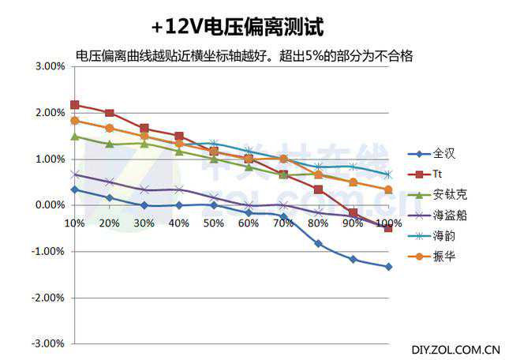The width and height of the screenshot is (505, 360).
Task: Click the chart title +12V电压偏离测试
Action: point(238,27)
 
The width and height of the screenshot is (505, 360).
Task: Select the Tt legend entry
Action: point(439,174)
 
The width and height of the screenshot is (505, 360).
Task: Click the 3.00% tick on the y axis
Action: point(50,66)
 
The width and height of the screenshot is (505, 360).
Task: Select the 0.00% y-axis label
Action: point(50,205)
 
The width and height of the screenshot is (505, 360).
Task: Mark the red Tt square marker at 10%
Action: point(75,104)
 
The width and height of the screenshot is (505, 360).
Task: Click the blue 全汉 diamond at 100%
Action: point(388,267)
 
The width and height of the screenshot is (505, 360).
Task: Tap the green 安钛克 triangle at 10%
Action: point(75,136)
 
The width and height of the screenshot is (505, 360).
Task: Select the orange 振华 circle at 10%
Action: point(75,120)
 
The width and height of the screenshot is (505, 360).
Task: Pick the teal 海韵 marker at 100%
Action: point(388,174)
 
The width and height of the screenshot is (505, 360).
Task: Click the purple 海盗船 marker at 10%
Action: point(75,174)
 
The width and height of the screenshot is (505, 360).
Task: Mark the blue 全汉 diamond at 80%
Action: point(318,243)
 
